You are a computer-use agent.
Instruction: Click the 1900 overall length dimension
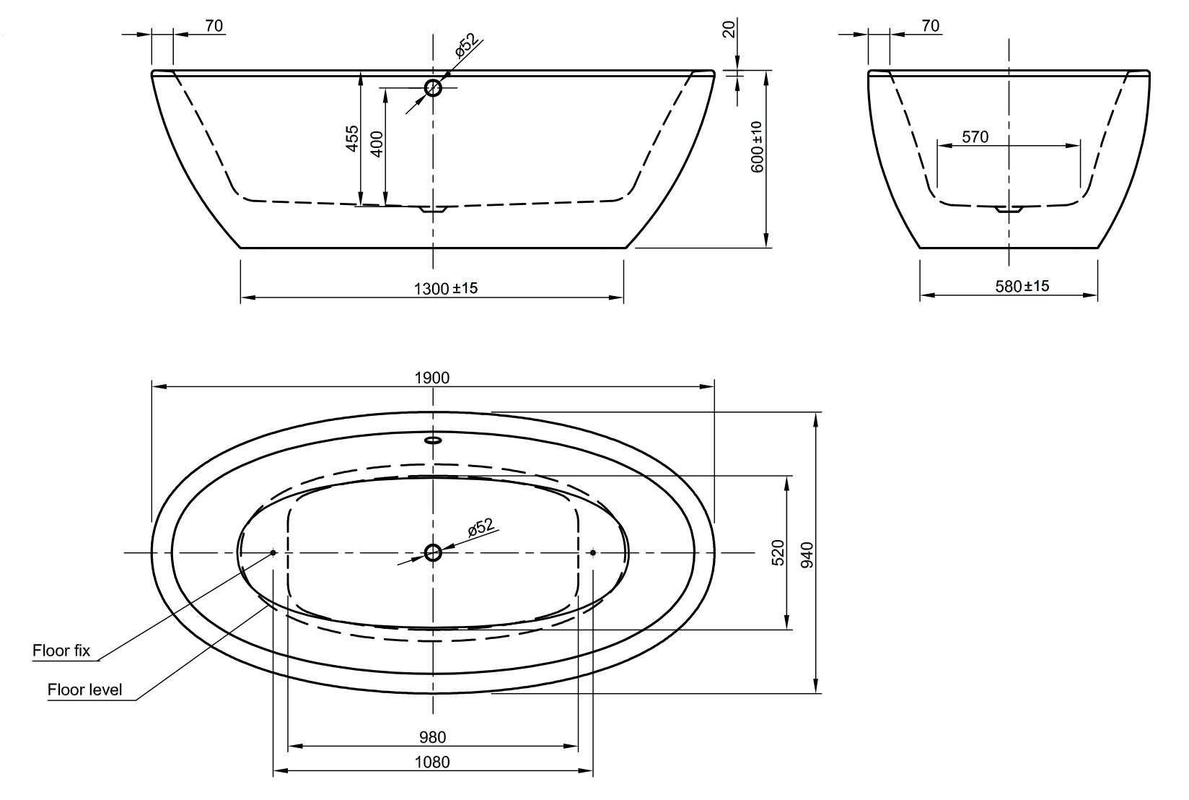(433, 378)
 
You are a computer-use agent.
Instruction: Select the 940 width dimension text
(807, 554)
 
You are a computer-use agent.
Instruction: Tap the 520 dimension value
(777, 552)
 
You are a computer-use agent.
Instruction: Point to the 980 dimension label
(433, 737)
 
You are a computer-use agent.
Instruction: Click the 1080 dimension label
(433, 762)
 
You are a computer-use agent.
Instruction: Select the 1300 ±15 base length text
(446, 288)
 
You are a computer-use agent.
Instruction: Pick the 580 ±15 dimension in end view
(1022, 286)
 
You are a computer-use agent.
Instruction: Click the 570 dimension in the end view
(975, 136)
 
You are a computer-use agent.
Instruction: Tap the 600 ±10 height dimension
(756, 147)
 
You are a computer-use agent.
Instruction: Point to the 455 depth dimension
(351, 138)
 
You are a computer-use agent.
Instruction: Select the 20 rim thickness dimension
(729, 29)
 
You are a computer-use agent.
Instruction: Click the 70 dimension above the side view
(214, 26)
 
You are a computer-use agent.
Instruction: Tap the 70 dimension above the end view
(931, 26)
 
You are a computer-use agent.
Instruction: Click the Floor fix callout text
(61, 651)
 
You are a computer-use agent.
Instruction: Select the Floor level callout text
(84, 690)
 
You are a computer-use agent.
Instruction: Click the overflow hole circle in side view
(433, 88)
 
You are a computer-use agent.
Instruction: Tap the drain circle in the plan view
(433, 552)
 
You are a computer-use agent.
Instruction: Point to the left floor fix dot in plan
(273, 552)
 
